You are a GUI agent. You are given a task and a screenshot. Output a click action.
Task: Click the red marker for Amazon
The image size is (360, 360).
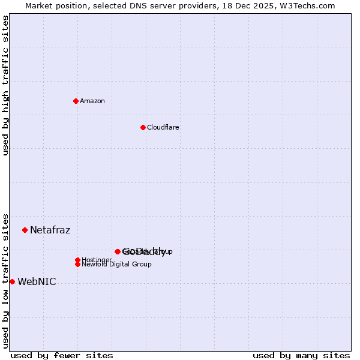click(x=76, y=101)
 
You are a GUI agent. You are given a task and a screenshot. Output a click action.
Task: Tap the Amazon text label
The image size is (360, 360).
click(x=92, y=101)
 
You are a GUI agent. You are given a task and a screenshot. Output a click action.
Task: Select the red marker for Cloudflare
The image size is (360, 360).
click(x=143, y=127)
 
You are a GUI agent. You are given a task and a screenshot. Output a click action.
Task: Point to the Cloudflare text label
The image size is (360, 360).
click(x=163, y=127)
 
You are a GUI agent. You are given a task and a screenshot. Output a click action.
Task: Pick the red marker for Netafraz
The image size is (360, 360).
click(x=25, y=230)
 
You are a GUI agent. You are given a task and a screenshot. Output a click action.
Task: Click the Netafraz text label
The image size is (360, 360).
click(x=50, y=230)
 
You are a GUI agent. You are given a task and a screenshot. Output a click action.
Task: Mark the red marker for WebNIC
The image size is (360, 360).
click(x=12, y=281)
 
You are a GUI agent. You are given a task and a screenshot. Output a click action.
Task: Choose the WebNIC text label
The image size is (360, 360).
click(x=37, y=281)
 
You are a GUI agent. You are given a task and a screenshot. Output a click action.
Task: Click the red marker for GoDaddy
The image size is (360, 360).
click(x=118, y=251)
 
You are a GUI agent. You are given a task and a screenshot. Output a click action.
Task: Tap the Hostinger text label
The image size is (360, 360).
click(x=97, y=260)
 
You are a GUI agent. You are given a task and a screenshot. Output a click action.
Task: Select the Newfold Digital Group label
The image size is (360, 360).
click(x=116, y=264)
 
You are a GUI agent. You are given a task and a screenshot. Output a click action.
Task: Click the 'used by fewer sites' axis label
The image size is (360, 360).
click(x=62, y=355)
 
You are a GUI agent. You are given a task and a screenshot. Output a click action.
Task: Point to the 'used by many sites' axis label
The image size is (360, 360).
click(x=301, y=355)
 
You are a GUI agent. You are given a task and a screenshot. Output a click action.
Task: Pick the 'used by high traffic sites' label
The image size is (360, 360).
click(x=5, y=85)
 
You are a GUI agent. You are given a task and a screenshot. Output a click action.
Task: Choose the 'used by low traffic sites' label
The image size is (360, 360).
click(x=5, y=280)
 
